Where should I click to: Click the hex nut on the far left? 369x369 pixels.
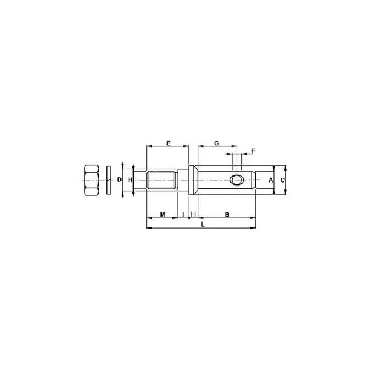coord(91,180)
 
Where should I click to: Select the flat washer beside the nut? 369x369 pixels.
coord(109,180)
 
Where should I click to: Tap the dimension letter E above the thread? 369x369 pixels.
coord(169,143)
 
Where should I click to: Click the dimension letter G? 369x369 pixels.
coord(217,143)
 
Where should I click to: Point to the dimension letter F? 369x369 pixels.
coord(253,151)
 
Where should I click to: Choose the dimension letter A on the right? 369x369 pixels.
coord(271,180)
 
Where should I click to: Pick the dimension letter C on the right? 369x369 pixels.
coord(282,180)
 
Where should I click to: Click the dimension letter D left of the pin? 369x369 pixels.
coord(120,180)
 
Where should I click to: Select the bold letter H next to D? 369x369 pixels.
coord(131,180)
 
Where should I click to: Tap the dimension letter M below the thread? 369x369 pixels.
coord(163,214)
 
